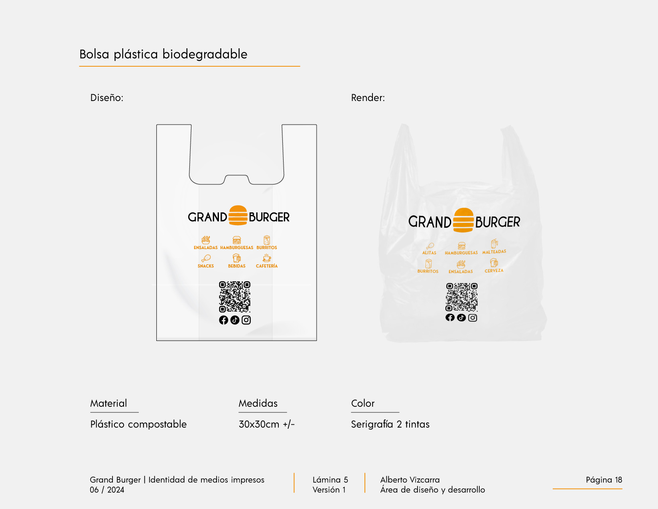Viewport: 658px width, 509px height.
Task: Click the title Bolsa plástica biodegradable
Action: point(163,54)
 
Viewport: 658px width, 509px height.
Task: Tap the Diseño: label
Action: point(107,98)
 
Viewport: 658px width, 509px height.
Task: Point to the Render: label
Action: point(368,98)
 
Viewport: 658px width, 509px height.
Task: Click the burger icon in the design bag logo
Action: point(238,216)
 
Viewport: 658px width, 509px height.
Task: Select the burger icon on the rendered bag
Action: point(463,220)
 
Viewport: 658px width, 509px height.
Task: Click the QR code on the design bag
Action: point(234,297)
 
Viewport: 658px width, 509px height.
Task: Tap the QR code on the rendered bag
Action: point(461,297)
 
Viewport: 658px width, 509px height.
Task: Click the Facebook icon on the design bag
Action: point(223,320)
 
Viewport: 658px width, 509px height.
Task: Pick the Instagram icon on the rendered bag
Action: point(473,318)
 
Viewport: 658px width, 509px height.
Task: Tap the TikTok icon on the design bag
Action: point(235,320)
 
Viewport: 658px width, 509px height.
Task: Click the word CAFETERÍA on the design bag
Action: point(267,266)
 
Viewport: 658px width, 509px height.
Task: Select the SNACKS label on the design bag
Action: point(206,266)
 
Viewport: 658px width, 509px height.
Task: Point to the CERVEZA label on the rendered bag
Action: point(494,271)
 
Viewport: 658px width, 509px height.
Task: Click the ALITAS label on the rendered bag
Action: point(429,253)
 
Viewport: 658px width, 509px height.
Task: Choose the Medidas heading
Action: point(258,404)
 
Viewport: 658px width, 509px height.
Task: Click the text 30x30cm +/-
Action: point(266,424)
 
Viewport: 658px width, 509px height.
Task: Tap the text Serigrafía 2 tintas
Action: point(390,424)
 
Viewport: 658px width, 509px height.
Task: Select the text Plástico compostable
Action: point(138,424)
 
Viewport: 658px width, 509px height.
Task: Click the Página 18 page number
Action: point(604,480)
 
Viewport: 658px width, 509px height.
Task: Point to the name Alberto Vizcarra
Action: point(410,480)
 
